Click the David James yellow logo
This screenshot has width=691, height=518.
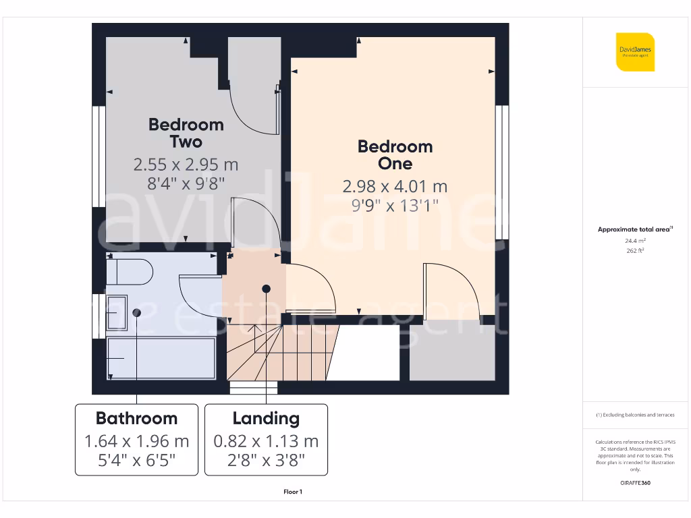point(635,51)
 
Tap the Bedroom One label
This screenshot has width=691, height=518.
point(395,155)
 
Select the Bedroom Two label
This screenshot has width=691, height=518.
point(186,133)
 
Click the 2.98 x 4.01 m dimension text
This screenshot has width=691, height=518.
point(395,186)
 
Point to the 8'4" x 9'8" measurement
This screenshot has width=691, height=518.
point(186,182)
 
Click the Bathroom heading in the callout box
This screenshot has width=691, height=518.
point(136,418)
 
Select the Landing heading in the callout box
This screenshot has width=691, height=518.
point(266,418)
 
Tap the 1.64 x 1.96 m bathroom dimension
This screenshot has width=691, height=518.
point(136,442)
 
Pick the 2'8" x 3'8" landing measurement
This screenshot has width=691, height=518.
point(266,461)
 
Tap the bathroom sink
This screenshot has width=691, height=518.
point(117,313)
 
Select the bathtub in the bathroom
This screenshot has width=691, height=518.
point(161,358)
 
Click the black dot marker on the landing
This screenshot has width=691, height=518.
point(267,289)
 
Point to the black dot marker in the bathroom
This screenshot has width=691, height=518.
point(137,312)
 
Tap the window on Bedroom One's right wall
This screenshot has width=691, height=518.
point(501,172)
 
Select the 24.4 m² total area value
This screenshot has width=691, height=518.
point(634,240)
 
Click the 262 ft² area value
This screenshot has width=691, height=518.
point(634,250)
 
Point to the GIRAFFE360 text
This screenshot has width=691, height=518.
point(634,483)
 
